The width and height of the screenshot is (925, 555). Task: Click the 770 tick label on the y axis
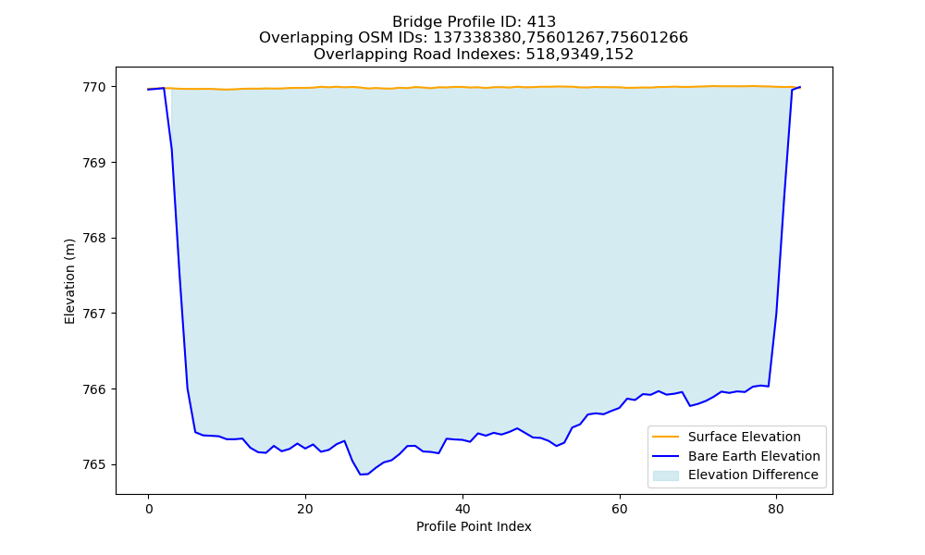[94, 87]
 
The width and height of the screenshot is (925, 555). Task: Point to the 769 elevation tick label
[94, 163]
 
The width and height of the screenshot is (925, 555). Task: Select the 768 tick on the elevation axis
[94, 239]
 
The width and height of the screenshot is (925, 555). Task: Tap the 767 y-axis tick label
[94, 314]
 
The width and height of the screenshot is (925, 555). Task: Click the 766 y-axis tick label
[94, 389]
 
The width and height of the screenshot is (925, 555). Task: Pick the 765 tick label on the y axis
[94, 464]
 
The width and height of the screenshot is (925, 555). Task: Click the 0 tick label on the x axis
[148, 509]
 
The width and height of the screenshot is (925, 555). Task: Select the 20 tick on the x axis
[305, 509]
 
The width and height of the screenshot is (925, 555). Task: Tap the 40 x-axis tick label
[462, 509]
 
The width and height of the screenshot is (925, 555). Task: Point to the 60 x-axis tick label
[620, 509]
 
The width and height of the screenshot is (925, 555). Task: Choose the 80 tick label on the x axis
[776, 509]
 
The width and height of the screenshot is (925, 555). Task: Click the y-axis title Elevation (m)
[69, 281]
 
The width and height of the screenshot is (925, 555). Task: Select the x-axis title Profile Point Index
[474, 526]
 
